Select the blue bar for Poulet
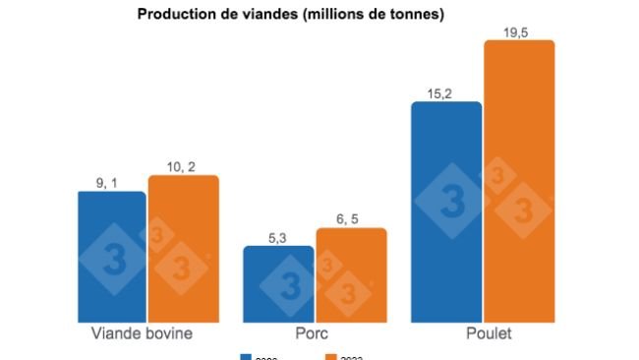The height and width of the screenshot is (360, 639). point(446,211)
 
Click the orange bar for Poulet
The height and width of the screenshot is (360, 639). point(519,181)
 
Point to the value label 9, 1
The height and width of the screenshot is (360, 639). point(110,181)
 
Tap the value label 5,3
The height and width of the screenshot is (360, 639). point(277,236)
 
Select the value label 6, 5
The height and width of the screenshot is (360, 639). point(350,218)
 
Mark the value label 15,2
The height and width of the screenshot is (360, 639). point(445,91)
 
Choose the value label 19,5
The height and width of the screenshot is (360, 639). point(518,30)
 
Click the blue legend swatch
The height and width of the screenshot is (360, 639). point(246,356)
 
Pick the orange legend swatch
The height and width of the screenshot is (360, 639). point(331,356)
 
